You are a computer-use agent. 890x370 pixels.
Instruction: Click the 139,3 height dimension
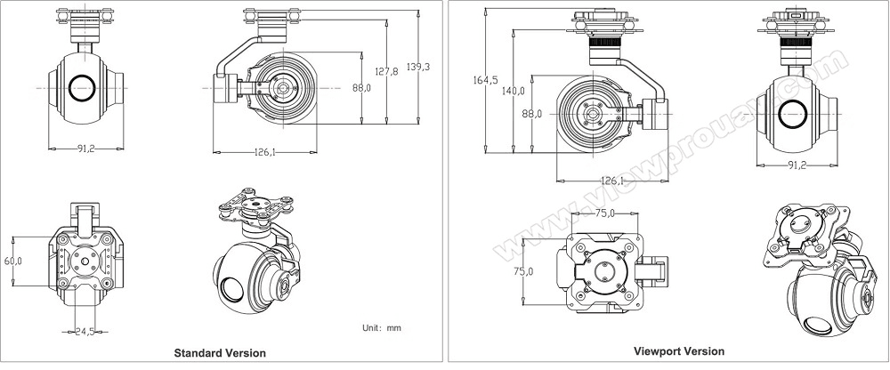coord(419,67)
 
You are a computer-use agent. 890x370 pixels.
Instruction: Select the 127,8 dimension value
coord(386,71)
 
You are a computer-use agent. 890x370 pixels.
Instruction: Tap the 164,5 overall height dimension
coord(485,80)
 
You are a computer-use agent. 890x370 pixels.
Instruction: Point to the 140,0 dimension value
coord(514,91)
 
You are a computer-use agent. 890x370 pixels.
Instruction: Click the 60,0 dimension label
coord(12,261)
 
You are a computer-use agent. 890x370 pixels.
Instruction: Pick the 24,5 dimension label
coord(85,332)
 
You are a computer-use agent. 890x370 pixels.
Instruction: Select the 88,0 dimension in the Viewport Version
coord(532,114)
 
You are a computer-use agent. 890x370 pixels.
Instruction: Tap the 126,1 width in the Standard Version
coord(264,152)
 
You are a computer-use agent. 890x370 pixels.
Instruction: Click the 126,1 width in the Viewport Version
coord(612,181)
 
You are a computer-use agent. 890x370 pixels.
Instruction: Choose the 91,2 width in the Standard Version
coord(86,149)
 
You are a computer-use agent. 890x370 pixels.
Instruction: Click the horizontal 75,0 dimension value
coord(605,213)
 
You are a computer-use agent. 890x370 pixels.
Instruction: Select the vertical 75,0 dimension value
coord(523,271)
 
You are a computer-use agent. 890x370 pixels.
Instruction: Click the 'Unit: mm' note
coord(382,328)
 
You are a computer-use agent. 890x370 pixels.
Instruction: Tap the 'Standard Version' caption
coord(220,353)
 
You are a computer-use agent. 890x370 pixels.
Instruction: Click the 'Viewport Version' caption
coord(679,351)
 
